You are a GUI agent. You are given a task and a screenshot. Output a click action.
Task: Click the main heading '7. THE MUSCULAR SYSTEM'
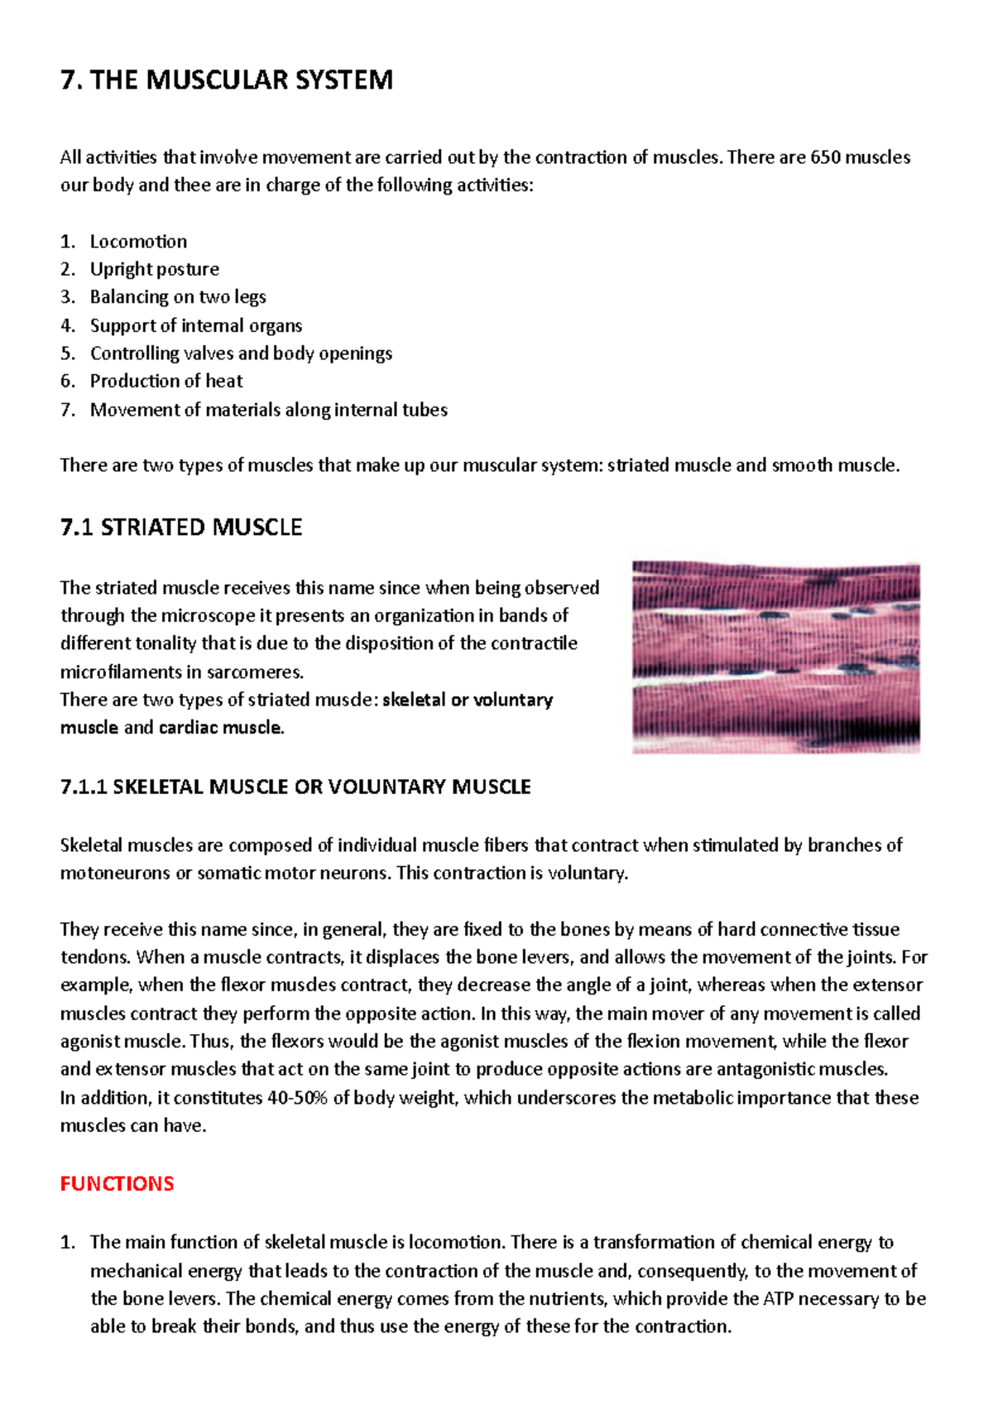[x=227, y=80]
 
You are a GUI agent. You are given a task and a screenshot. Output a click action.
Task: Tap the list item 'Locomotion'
[x=138, y=242]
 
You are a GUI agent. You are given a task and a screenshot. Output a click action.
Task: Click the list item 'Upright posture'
[x=155, y=269]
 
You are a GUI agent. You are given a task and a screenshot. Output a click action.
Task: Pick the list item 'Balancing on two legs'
[x=178, y=297]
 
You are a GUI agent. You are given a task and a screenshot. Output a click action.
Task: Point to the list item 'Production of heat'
[x=166, y=381]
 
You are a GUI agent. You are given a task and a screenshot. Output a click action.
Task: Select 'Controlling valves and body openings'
[x=241, y=354]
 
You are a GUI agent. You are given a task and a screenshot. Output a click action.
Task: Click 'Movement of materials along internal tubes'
[x=268, y=410]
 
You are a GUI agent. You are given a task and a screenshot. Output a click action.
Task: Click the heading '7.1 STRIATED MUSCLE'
[x=181, y=527]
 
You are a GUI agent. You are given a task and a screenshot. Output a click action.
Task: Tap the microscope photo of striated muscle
[x=775, y=657]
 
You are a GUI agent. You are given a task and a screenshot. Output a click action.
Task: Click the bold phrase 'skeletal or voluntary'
[x=468, y=700]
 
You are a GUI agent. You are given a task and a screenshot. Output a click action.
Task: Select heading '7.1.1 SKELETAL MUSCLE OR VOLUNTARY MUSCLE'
[x=295, y=787]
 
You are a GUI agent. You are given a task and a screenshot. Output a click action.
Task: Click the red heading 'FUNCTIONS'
[x=117, y=1184]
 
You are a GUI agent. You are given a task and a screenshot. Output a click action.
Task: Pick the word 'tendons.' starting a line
[x=95, y=957]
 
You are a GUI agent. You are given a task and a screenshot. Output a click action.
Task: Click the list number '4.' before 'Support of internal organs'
[x=68, y=325]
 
